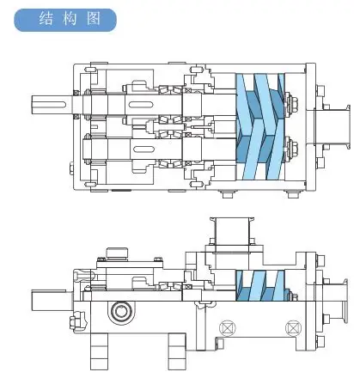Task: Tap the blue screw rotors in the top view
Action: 261,127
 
